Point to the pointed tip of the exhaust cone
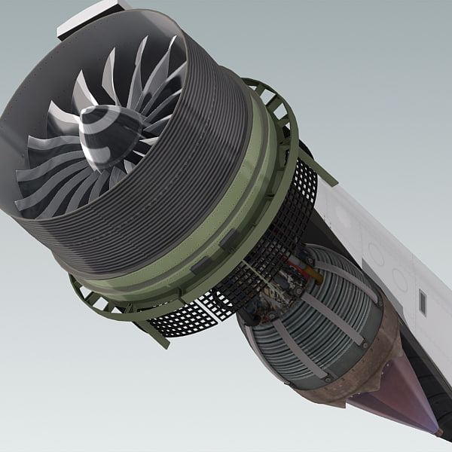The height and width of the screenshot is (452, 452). click(438, 432)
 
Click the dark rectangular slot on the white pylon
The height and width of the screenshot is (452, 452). click(422, 302)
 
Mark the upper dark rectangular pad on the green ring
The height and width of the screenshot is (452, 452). click(230, 240)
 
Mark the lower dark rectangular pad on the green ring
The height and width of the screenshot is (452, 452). click(200, 264)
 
